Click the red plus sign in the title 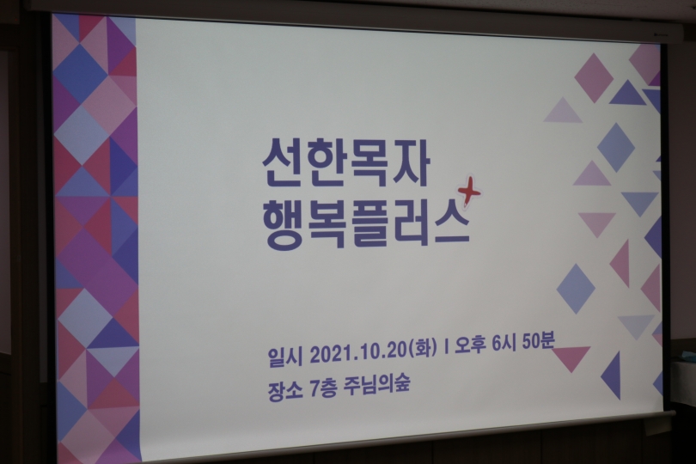pyautogui.click(x=470, y=192)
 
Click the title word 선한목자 pyautogui.click(x=345, y=164)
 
